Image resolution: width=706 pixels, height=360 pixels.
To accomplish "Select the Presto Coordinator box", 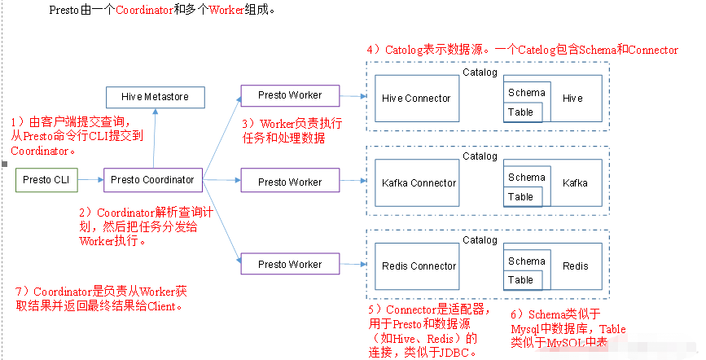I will tap(152, 180).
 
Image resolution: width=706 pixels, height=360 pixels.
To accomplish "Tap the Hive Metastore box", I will tap(155, 97).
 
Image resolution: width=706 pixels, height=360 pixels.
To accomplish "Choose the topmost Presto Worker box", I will tap(290, 95).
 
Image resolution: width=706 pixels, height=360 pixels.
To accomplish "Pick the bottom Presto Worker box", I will tap(290, 265).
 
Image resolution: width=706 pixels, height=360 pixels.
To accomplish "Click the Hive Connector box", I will tap(415, 99).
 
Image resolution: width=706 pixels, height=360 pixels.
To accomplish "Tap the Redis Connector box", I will tap(419, 266).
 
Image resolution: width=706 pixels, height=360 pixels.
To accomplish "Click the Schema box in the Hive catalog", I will tap(526, 93).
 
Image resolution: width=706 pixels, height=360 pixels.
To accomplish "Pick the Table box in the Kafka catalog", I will tap(520, 197).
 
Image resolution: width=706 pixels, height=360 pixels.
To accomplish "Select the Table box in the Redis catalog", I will tap(520, 280).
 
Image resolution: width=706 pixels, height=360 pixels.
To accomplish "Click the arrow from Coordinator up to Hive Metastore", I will tap(154, 138).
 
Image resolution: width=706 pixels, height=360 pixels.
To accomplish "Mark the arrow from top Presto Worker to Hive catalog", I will tap(352, 95).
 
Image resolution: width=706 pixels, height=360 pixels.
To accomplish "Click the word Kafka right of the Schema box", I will tap(575, 183).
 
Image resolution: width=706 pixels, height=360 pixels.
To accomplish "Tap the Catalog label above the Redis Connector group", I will tap(480, 240).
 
